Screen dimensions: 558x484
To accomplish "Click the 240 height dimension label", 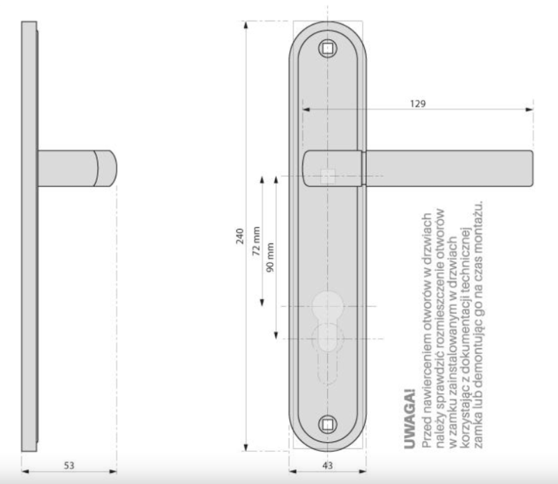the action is point(240,236).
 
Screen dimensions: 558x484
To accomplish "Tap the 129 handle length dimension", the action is point(418,103).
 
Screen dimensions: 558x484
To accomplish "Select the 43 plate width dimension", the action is point(327,465).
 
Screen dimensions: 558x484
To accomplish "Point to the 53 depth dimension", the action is point(69,465).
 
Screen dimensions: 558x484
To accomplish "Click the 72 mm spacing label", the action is point(256,241).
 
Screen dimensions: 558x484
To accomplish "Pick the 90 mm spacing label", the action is point(271,257).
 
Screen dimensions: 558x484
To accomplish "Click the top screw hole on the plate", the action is point(328,48).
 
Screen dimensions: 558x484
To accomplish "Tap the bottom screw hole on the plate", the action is point(328,424).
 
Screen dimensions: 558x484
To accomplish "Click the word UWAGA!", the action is point(410,419).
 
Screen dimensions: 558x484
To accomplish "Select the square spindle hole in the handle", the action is point(328,176).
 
